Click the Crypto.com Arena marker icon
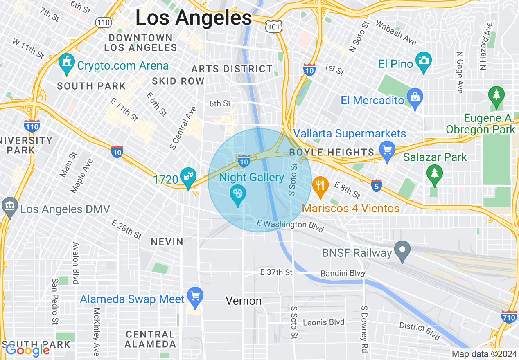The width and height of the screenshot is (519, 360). [66, 64]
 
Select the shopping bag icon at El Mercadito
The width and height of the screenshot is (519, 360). [415, 99]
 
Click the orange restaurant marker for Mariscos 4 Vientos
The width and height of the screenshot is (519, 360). [320, 186]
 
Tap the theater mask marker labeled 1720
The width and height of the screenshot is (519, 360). [188, 178]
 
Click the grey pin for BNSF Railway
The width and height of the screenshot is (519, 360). [402, 250]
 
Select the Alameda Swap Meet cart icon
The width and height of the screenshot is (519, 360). [195, 296]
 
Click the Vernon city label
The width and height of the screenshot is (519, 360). [244, 301]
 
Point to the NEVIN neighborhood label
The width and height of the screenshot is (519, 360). [167, 242]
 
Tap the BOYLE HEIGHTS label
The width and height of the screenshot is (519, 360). [332, 152]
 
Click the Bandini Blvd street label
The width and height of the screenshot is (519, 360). [342, 273]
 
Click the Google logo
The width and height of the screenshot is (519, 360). [27, 350]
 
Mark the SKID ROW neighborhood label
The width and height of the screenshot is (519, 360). [178, 81]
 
